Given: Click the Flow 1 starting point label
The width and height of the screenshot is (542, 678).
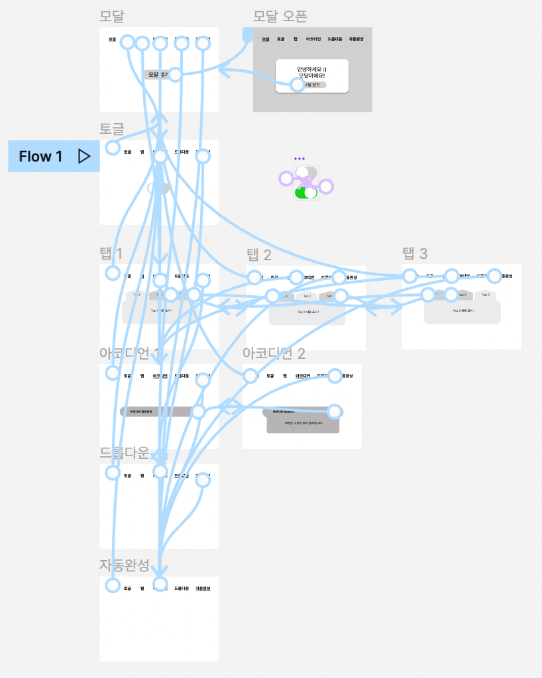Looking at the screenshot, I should point(41,157).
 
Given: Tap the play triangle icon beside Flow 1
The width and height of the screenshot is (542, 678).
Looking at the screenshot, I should point(84,156).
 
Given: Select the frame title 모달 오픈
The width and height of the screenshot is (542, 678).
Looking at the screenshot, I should point(280,17).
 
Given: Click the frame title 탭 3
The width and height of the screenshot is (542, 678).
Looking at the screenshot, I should point(415,253).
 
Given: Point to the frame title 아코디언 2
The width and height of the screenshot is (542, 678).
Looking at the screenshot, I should point(274,353).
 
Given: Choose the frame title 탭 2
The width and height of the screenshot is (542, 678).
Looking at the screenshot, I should point(259,254).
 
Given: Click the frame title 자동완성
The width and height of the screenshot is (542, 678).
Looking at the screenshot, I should point(124,565).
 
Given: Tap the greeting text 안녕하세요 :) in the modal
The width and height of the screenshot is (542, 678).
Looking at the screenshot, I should point(311,70).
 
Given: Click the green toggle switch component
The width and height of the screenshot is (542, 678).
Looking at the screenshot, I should point(306,192).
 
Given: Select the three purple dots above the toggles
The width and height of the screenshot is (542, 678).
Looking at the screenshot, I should point(299,159).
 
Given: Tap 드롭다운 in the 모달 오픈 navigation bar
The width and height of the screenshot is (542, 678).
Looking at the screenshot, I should point(334,40).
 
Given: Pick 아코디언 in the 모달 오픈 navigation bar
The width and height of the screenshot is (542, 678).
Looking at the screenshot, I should point(313,40).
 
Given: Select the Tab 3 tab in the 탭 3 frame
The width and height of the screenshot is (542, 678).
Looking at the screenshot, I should point(485,295).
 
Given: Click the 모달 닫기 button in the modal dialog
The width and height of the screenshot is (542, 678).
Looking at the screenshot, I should point(311,85).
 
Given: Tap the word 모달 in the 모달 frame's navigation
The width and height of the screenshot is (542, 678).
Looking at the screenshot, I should point(113,40).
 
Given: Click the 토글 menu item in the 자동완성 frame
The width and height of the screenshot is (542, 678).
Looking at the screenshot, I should point(127,588).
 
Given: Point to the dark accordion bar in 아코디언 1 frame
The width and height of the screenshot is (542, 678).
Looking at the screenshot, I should point(159,411).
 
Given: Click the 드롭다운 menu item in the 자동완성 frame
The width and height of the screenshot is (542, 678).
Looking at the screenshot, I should point(182,588).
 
